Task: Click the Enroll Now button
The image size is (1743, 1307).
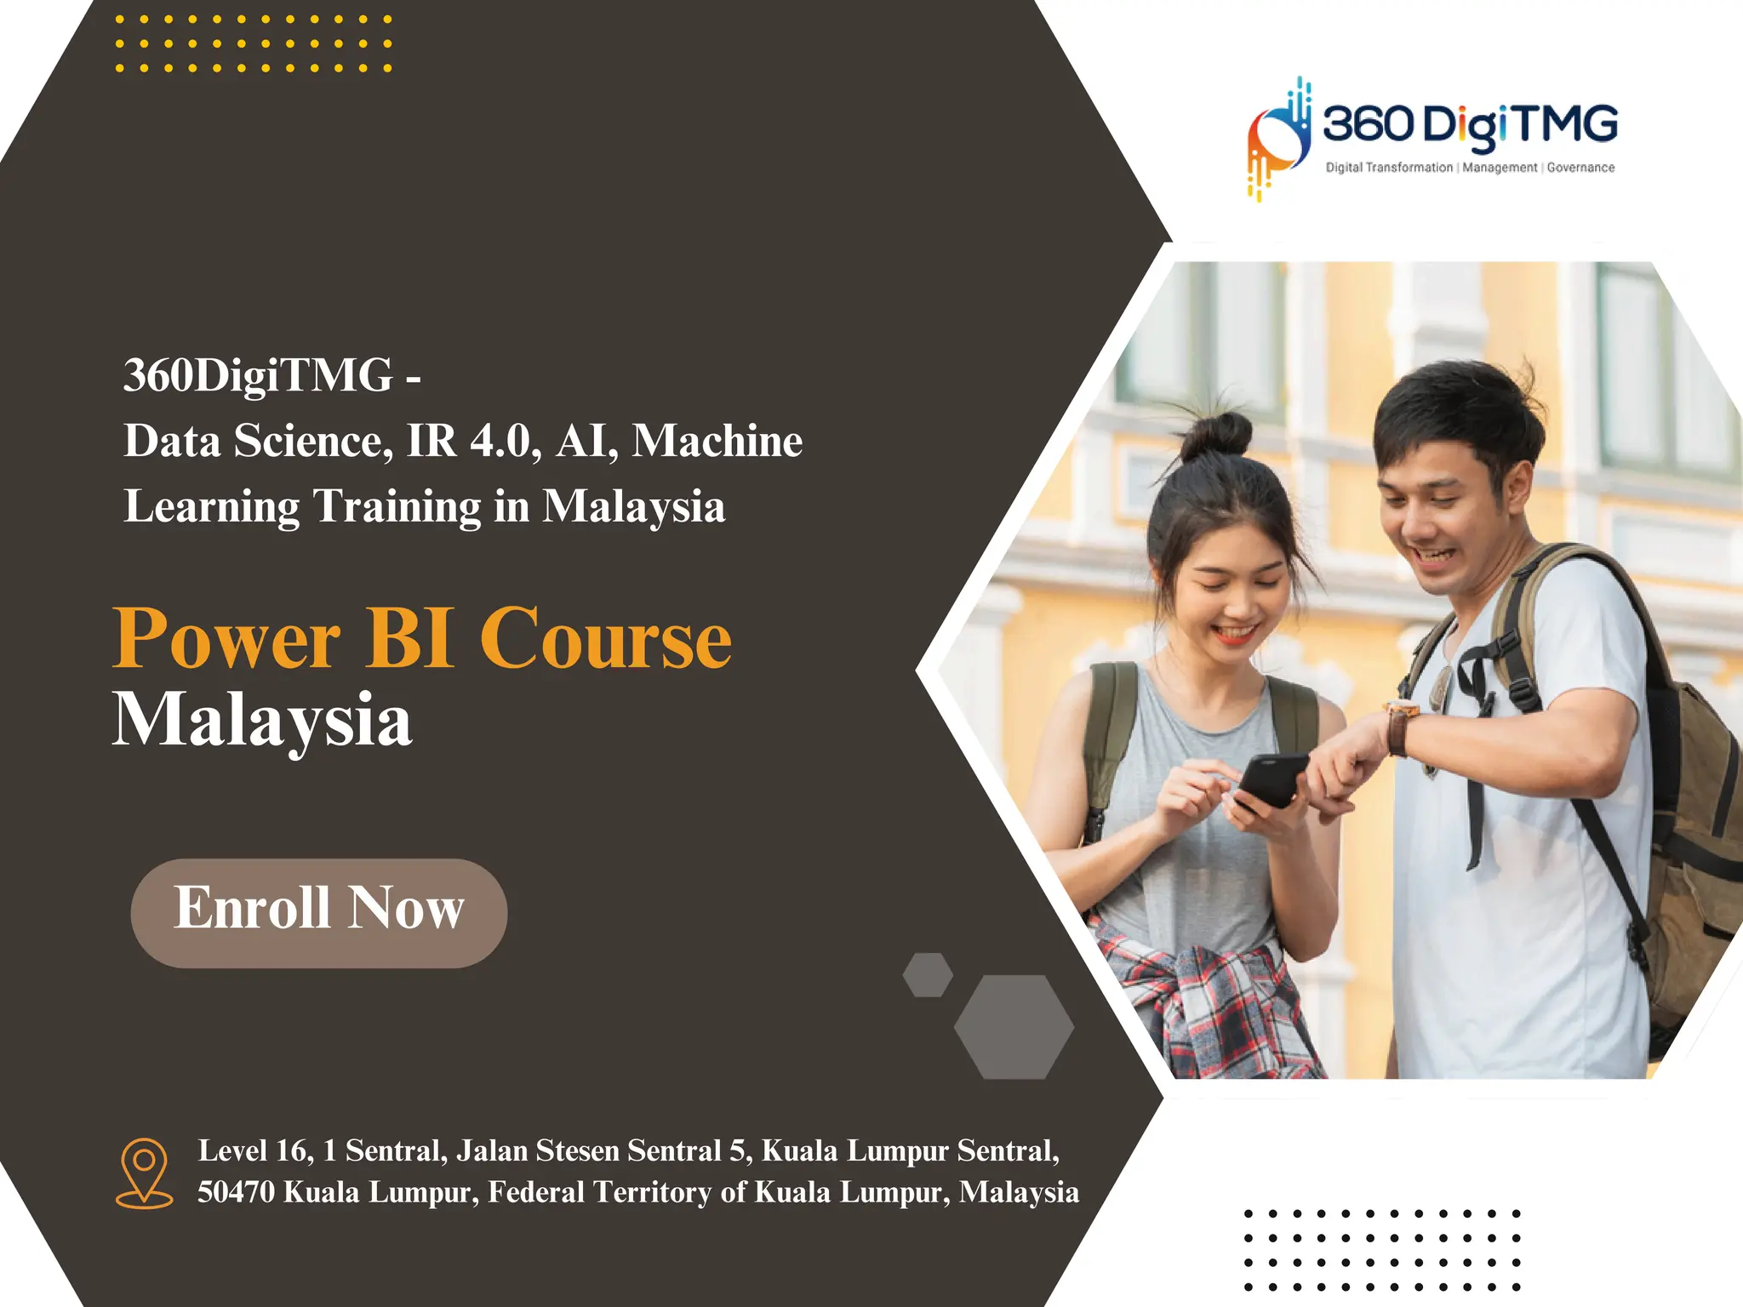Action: [x=319, y=912]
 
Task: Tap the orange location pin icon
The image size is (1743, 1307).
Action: [x=144, y=1172]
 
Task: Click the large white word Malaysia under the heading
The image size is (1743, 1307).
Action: [x=262, y=720]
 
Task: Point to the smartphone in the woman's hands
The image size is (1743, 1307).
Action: [x=1271, y=779]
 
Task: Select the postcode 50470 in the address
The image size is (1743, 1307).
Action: [x=236, y=1192]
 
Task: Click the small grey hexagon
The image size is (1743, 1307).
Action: [x=928, y=974]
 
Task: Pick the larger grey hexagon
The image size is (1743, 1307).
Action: [x=1014, y=1027]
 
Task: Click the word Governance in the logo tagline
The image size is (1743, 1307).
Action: [x=1580, y=168]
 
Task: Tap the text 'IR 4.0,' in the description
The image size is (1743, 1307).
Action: [x=474, y=441]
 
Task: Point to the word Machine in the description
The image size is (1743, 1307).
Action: [x=717, y=441]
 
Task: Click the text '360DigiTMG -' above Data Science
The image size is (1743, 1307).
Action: [x=271, y=374]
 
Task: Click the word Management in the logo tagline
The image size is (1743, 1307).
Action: [x=1500, y=168]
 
